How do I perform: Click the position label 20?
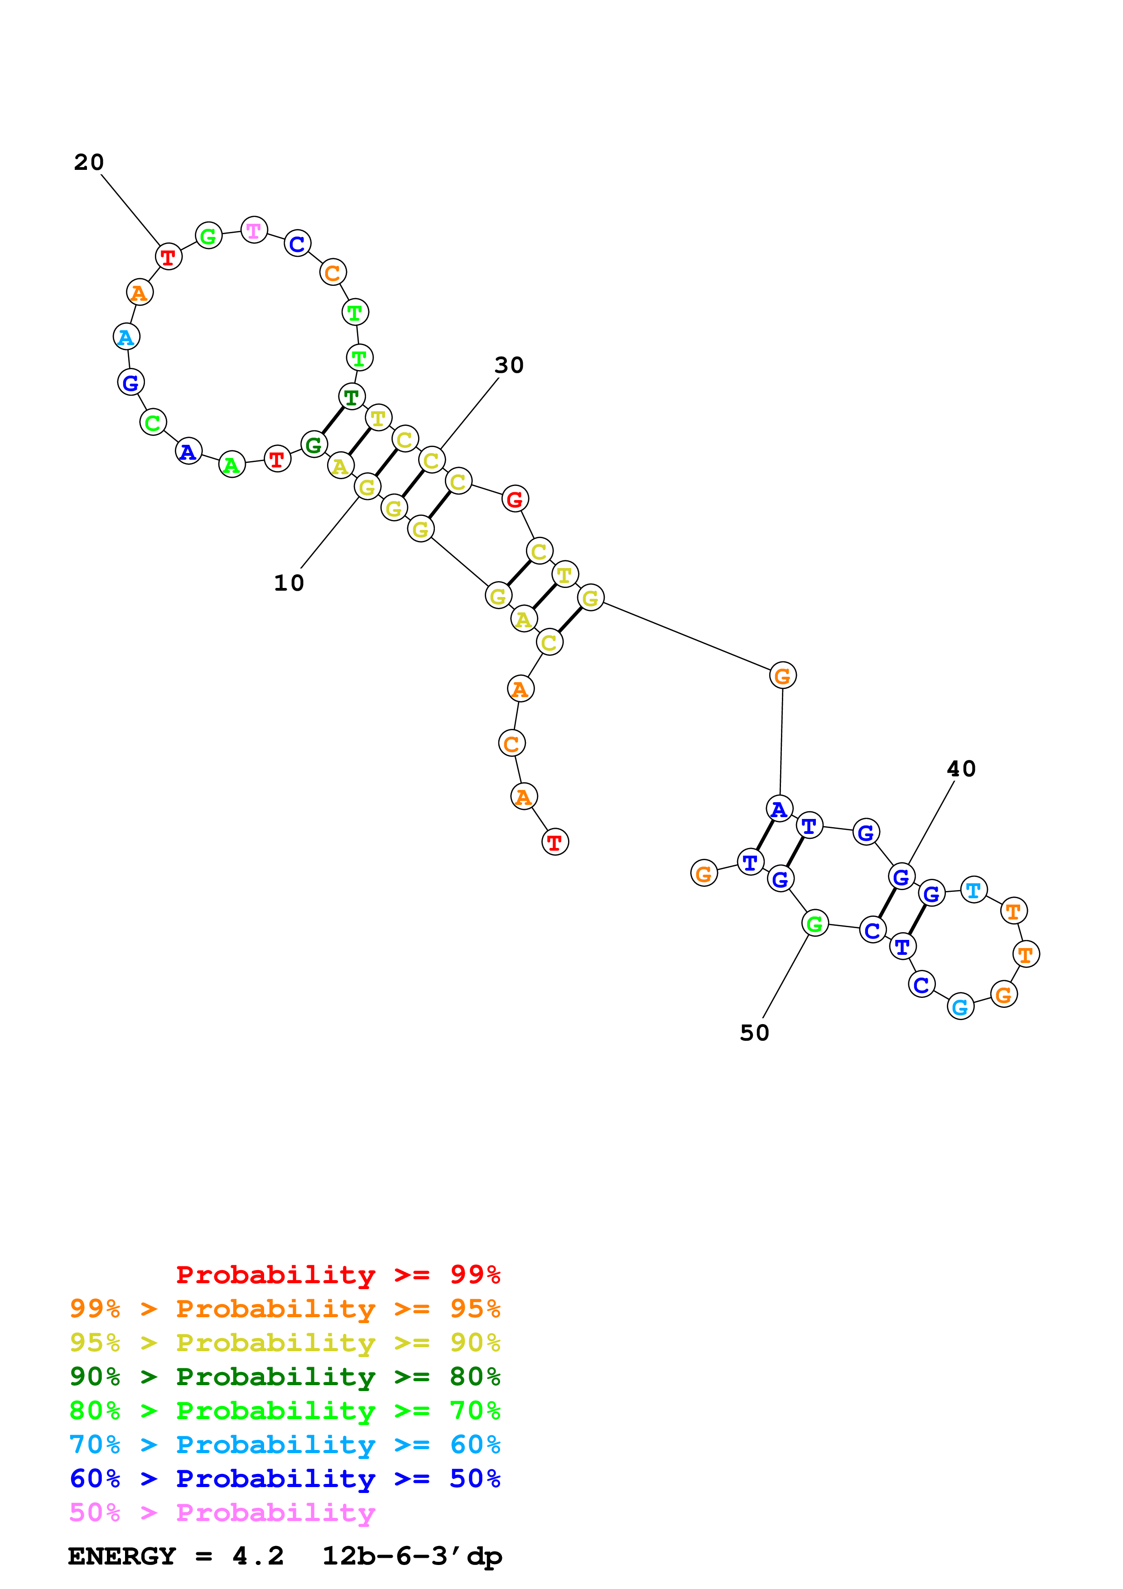pyautogui.click(x=89, y=163)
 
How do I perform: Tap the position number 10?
pyautogui.click(x=289, y=583)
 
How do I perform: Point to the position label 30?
pyautogui.click(x=509, y=366)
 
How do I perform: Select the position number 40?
pyautogui.click(x=961, y=769)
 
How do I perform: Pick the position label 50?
pyautogui.click(x=754, y=1033)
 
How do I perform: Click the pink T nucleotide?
pyautogui.click(x=254, y=230)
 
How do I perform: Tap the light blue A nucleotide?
pyautogui.click(x=126, y=337)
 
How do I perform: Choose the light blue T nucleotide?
pyautogui.click(x=974, y=890)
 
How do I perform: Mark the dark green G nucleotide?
pyautogui.click(x=314, y=444)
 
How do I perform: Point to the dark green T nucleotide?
pyautogui.click(x=352, y=397)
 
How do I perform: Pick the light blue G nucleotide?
pyautogui.click(x=960, y=1007)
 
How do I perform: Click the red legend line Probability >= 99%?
pyautogui.click(x=337, y=1275)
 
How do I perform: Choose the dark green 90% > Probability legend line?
pyautogui.click(x=284, y=1377)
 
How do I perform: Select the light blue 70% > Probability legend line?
pyautogui.click(x=284, y=1445)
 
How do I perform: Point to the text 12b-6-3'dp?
pyautogui.click(x=412, y=1556)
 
